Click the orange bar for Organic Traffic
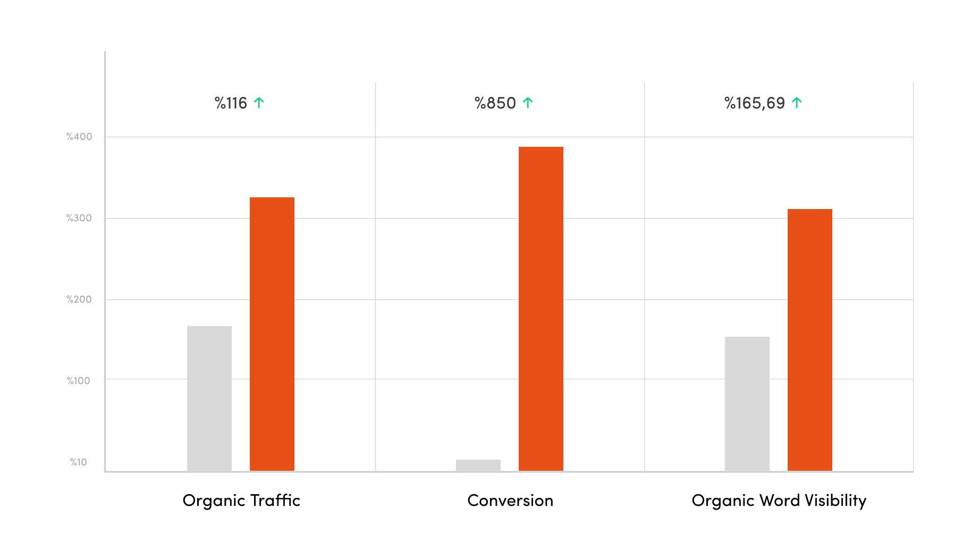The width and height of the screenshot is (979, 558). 272,334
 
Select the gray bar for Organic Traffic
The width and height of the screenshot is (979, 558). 209,398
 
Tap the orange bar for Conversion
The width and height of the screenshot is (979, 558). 541,309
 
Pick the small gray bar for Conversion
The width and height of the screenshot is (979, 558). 478,465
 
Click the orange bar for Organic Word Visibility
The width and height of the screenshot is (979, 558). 810,340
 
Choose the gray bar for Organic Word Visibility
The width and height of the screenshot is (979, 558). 747,404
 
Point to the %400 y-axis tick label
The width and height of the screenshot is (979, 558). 79,137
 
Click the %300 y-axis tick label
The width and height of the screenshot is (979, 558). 79,218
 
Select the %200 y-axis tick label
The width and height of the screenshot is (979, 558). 79,299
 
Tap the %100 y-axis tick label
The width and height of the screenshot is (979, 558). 79,381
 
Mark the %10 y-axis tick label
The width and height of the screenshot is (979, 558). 79,462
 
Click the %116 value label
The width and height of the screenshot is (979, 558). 231,103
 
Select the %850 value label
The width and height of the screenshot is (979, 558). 495,103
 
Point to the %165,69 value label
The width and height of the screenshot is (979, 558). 755,103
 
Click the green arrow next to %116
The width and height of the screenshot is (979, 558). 259,103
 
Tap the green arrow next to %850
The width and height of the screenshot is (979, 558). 528,103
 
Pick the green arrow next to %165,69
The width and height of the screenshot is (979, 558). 797,103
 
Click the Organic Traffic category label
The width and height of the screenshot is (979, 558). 241,501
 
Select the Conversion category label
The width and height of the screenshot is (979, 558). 510,501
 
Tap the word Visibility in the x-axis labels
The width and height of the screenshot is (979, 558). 835,501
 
